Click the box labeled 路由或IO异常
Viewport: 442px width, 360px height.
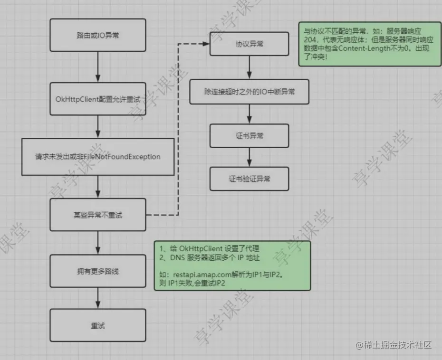(x=97, y=35)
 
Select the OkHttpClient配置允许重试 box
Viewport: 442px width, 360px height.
(x=97, y=98)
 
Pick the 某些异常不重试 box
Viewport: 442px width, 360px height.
(x=97, y=215)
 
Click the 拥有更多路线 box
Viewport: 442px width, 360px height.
(x=97, y=271)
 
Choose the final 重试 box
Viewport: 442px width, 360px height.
(x=97, y=325)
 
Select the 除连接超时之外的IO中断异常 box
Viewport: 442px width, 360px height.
(x=249, y=91)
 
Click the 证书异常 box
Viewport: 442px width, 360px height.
(x=250, y=136)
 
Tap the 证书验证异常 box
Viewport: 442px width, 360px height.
(x=250, y=180)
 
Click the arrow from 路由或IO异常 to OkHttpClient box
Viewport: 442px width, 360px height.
(x=97, y=67)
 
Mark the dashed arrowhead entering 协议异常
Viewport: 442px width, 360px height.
(x=206, y=44)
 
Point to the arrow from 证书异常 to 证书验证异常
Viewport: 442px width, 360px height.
(x=250, y=157)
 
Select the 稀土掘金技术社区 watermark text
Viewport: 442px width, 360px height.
(x=398, y=345)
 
